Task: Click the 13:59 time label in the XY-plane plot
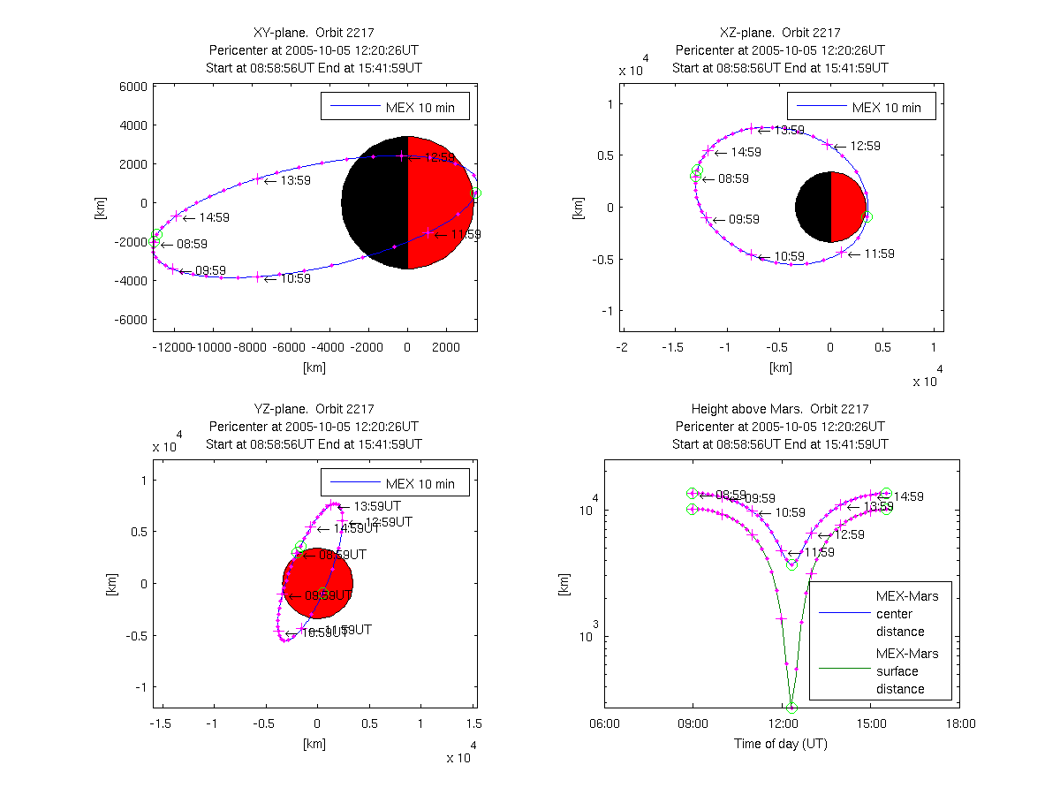pyautogui.click(x=296, y=181)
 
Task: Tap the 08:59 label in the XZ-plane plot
pyautogui.click(x=734, y=178)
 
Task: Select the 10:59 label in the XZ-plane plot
pyautogui.click(x=791, y=257)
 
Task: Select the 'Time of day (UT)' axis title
pyautogui.click(x=781, y=744)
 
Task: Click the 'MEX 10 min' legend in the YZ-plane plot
pyautogui.click(x=394, y=484)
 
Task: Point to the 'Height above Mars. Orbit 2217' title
pyautogui.click(x=781, y=409)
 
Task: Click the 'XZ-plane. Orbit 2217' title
pyautogui.click(x=781, y=33)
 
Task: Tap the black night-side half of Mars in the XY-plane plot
pyautogui.click(x=375, y=202)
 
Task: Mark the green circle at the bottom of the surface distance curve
pyautogui.click(x=791, y=708)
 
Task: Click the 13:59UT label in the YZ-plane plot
pyautogui.click(x=377, y=506)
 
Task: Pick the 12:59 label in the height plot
pyautogui.click(x=850, y=535)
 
